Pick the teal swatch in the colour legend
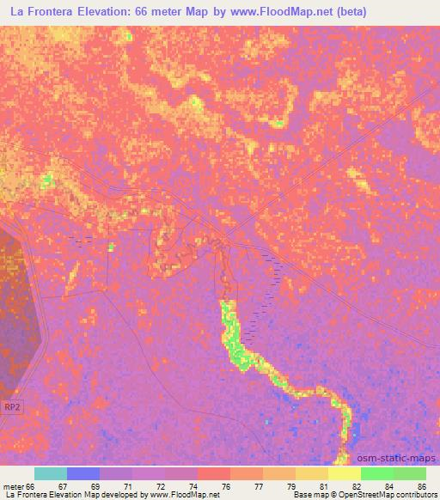[x=51, y=473]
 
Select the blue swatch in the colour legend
[x=83, y=473]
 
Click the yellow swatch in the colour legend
[x=345, y=473]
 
